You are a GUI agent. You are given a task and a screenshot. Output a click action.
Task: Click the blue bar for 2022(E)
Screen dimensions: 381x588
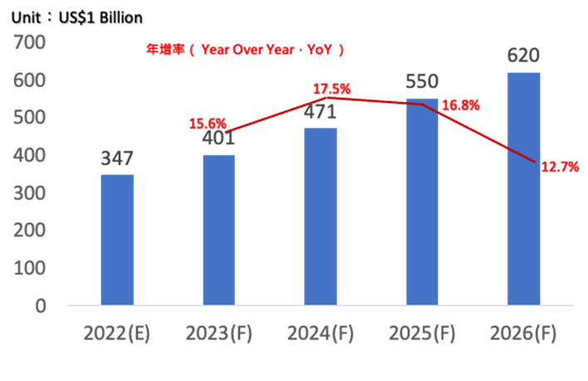[117, 239]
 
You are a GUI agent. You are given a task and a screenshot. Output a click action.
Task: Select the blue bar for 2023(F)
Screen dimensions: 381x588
[218, 229]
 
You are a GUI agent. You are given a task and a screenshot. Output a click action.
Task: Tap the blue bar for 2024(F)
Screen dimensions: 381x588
[320, 216]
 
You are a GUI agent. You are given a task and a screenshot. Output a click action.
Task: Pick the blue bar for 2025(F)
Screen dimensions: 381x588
[422, 202]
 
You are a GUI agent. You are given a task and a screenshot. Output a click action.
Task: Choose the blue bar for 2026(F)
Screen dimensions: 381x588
[524, 188]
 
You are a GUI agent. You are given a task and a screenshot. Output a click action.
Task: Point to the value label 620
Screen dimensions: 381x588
[524, 56]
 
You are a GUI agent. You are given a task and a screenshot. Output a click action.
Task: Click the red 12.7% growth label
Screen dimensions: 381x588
[560, 167]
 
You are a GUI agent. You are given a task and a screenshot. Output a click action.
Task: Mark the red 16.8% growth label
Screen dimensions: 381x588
[461, 105]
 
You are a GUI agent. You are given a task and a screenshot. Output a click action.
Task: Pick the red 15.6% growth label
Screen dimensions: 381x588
[208, 124]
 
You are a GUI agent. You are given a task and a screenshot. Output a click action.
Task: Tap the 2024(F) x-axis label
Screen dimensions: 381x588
[321, 334]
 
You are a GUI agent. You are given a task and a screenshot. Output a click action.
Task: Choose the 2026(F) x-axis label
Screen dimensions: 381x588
[523, 334]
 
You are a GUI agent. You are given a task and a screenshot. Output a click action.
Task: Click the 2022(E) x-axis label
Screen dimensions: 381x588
[117, 334]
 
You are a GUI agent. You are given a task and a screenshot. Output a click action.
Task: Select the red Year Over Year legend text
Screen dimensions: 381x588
[244, 50]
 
